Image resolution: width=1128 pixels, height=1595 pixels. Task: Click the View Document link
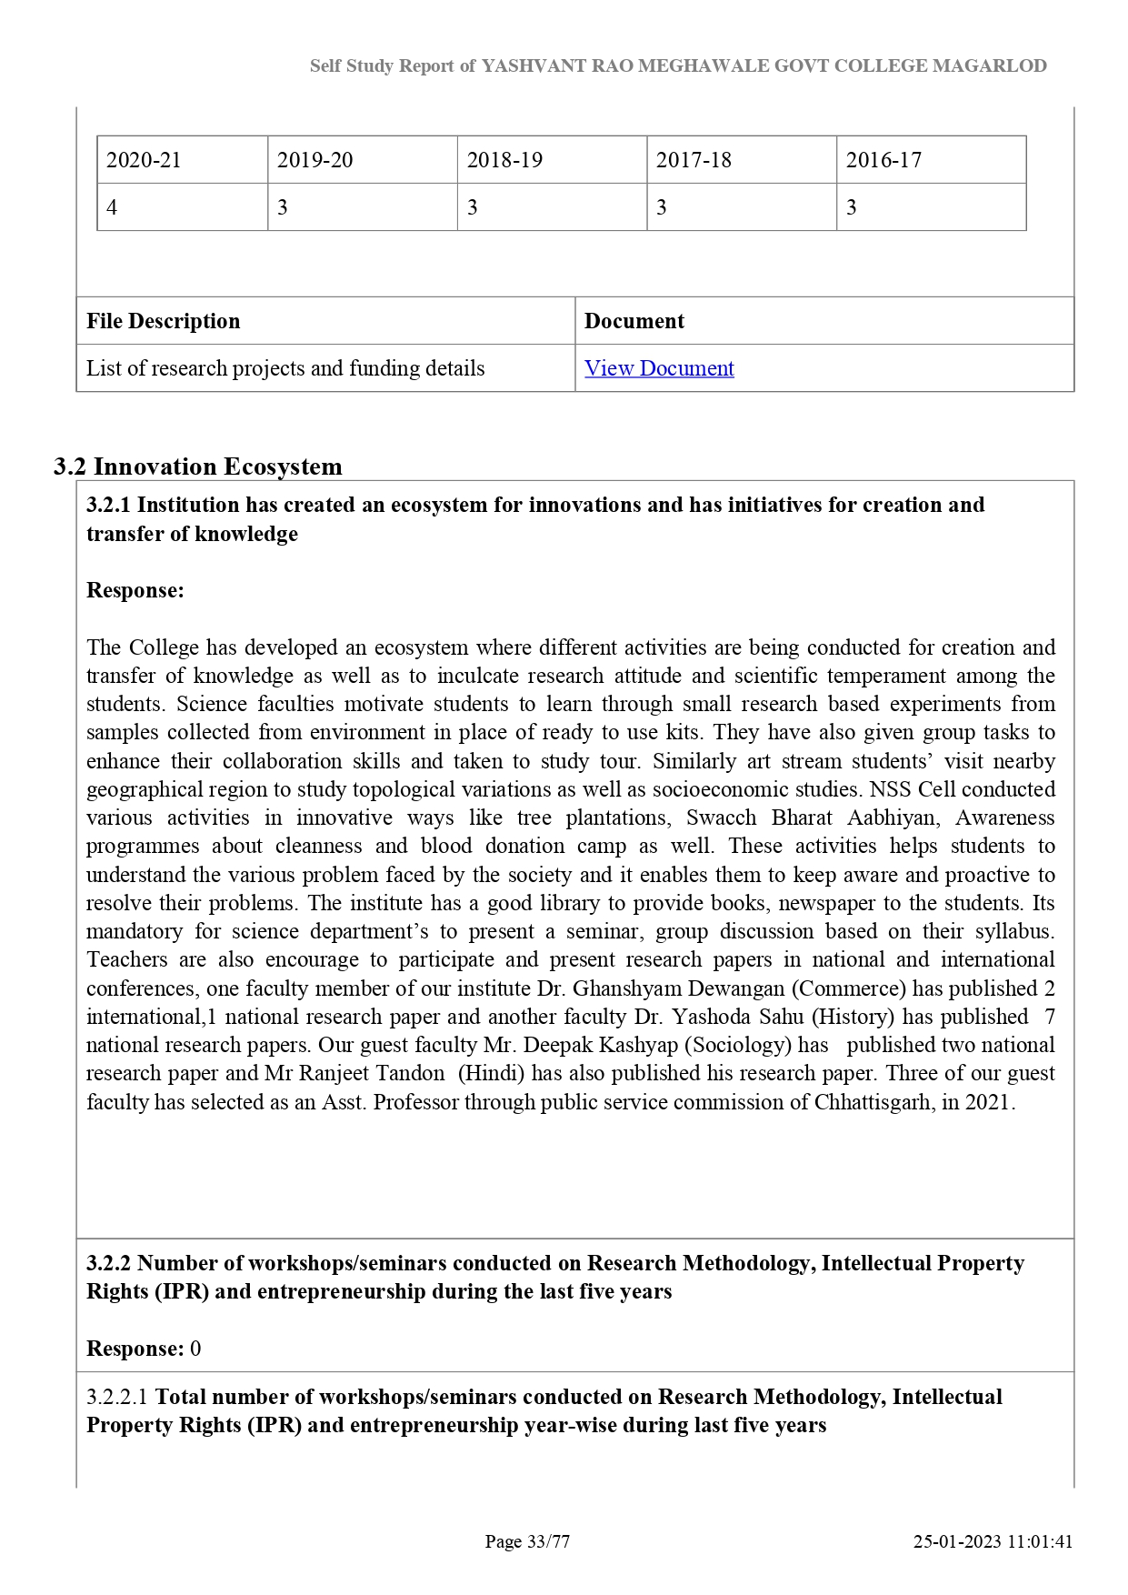tap(659, 368)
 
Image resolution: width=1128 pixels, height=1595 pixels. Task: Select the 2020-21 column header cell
tap(144, 160)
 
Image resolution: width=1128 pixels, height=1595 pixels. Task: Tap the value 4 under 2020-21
tap(112, 207)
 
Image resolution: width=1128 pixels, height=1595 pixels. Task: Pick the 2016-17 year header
tap(883, 160)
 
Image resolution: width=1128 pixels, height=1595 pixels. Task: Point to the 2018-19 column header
tap(504, 160)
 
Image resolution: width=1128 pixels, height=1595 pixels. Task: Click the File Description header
tap(164, 321)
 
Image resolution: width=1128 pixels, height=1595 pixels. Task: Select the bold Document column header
tap(634, 321)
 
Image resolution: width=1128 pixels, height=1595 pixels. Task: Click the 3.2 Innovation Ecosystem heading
tap(198, 466)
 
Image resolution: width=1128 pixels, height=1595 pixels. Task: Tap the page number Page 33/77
tap(527, 1541)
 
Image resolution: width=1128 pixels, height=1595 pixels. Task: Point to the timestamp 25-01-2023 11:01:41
tap(993, 1541)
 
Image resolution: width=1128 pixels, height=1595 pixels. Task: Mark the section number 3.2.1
tap(108, 505)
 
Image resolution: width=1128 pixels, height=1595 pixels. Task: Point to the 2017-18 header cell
tap(694, 160)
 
